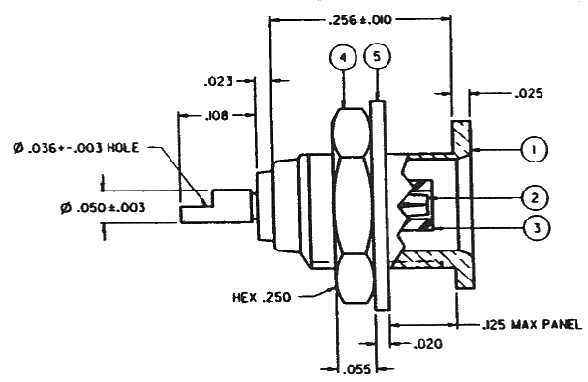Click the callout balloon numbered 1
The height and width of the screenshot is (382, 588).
(x=534, y=150)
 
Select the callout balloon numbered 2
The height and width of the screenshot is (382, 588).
(x=535, y=197)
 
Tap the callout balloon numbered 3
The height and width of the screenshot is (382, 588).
(x=537, y=228)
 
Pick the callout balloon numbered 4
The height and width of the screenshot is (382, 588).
(x=343, y=58)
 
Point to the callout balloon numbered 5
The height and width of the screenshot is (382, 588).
(x=377, y=56)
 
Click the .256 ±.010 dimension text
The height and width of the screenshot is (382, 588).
(x=360, y=20)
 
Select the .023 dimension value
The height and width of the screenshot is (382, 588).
(x=218, y=81)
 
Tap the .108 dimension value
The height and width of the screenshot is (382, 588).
(x=216, y=116)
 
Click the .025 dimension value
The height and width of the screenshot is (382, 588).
(x=528, y=93)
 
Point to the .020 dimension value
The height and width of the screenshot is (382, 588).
(x=427, y=344)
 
